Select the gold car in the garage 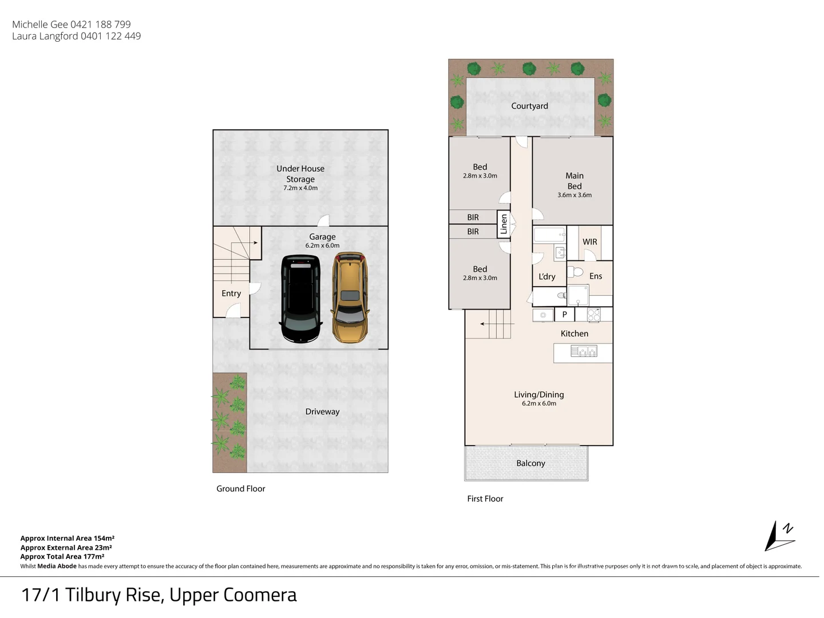tap(350, 298)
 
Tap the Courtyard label tap(529, 106)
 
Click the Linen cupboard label tap(504, 224)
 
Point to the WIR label tap(589, 242)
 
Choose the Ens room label tap(596, 276)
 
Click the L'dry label tap(546, 276)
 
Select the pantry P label tap(564, 314)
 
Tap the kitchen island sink tap(584, 351)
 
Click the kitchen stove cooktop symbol tap(594, 315)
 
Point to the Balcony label tap(530, 463)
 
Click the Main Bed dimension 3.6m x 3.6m tap(575, 195)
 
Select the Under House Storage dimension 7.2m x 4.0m tap(300, 188)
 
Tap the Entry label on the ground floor tap(231, 293)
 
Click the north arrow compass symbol tap(779, 536)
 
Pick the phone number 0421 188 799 tap(101, 25)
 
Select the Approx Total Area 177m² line tap(62, 556)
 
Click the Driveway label tap(322, 411)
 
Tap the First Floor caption tap(485, 498)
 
